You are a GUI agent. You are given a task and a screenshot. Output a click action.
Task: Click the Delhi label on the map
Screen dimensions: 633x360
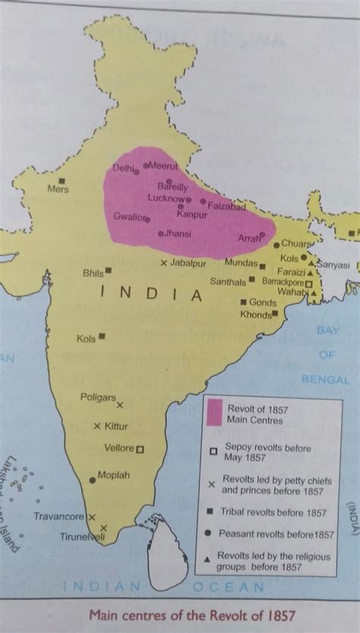point(123,168)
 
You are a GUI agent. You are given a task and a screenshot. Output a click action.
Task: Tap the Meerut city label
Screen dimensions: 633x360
point(162,164)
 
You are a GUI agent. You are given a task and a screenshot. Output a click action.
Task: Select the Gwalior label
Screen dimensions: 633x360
point(128,216)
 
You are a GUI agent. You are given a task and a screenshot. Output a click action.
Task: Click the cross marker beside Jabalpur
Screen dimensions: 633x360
point(164,263)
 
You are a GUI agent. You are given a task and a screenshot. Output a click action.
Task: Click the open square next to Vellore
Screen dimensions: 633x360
point(140,448)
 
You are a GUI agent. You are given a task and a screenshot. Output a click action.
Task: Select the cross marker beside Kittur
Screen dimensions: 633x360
point(96,426)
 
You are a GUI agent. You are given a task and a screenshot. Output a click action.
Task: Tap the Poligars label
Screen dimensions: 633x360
point(98,397)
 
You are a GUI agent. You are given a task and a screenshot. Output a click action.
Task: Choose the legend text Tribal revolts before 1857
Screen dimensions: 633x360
point(273,512)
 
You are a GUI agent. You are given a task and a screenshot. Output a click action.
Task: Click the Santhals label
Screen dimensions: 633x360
point(228,281)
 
